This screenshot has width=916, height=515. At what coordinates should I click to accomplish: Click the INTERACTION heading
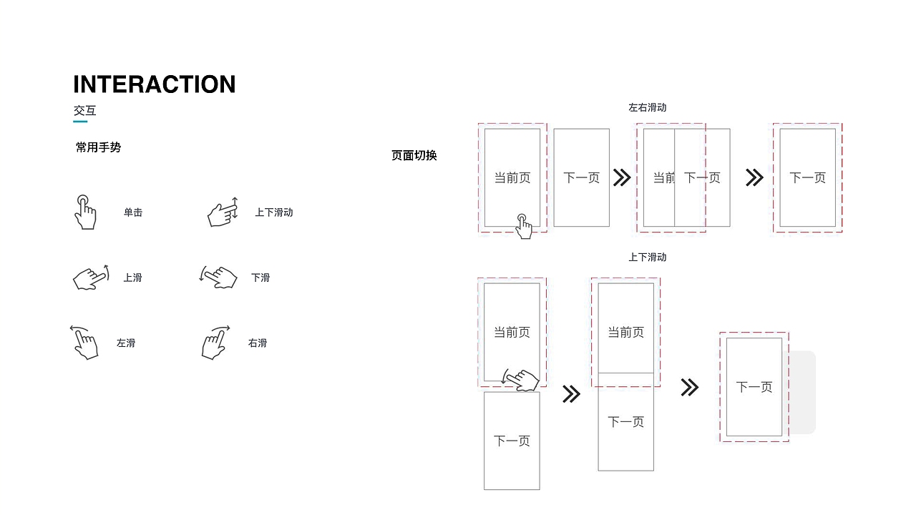pos(154,84)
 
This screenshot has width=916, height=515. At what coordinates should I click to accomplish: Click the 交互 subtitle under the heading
pos(84,111)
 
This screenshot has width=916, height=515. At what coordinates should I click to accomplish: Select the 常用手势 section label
pos(98,147)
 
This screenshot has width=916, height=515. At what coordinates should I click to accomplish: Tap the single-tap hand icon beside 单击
pos(85,212)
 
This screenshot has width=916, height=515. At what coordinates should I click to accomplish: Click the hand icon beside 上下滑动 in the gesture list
pos(223,212)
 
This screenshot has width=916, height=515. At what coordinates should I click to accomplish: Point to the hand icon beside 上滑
pos(90,278)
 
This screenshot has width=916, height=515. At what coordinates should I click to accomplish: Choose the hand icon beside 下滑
pos(219,277)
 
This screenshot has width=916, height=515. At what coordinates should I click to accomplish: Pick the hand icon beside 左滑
pos(84,343)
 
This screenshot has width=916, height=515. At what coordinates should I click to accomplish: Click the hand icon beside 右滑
pos(215,343)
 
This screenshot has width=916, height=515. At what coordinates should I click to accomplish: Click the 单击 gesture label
pos(133,212)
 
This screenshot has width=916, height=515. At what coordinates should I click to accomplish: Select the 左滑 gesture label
pos(126,343)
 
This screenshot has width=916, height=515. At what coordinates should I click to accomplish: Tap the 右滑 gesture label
pos(258,343)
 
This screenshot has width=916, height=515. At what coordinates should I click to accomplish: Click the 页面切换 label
pos(414,155)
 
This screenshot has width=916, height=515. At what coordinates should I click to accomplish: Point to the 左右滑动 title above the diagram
pos(647,107)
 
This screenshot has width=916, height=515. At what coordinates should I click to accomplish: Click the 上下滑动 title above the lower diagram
pos(647,257)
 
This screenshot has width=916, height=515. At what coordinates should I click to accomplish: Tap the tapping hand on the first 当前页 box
pos(524,226)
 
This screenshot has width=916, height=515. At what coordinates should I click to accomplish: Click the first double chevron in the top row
pos(622,177)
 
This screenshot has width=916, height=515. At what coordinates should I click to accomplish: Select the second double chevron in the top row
pos(754,177)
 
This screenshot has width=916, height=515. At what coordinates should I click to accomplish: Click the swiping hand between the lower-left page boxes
pos(522,381)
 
